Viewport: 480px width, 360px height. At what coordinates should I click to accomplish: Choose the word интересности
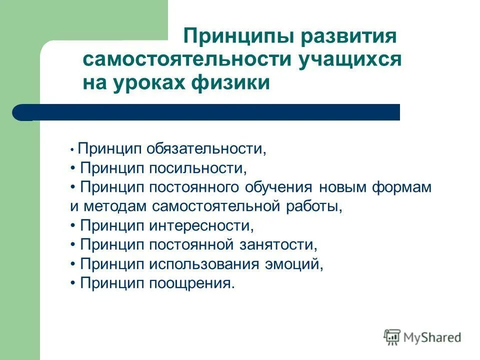click(x=201, y=225)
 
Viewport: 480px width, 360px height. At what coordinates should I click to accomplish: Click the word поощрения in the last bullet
click(x=191, y=283)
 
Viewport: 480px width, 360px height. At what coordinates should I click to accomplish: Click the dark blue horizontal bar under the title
click(x=210, y=112)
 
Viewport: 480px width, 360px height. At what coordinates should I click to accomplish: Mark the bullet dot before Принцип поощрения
click(x=73, y=283)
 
